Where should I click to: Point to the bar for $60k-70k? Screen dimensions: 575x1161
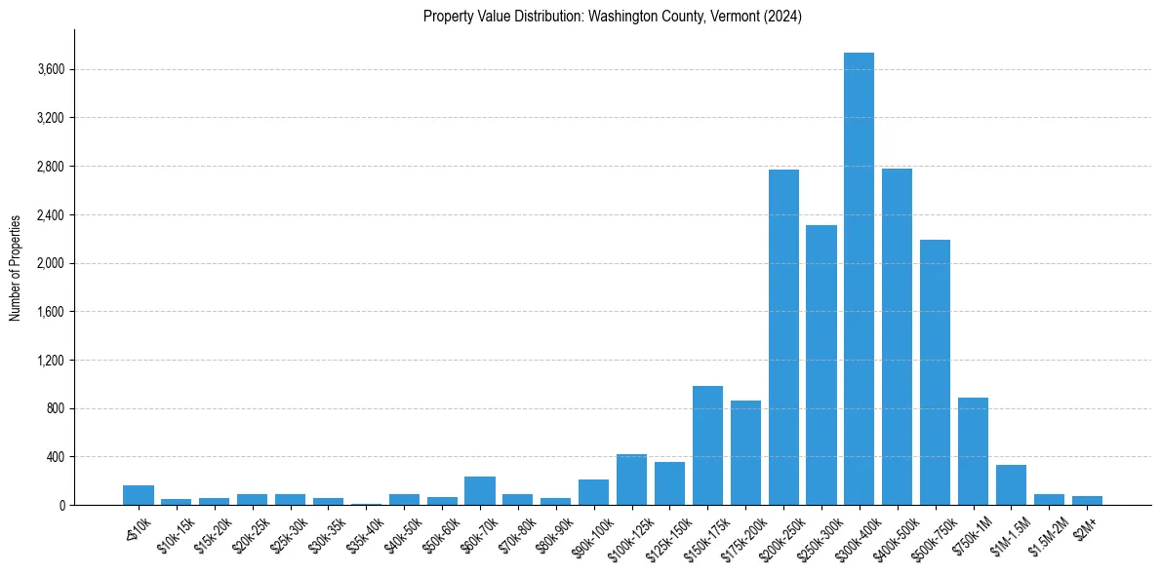480,490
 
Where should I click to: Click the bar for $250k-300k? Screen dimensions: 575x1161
821,364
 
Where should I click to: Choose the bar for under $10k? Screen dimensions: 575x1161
139,495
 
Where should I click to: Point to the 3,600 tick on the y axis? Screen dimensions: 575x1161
51,70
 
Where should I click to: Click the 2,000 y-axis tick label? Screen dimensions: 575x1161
51,263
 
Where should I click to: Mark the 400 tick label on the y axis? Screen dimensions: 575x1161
55,457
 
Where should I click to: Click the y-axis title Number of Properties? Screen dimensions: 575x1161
15,267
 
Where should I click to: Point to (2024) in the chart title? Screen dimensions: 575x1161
783,17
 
